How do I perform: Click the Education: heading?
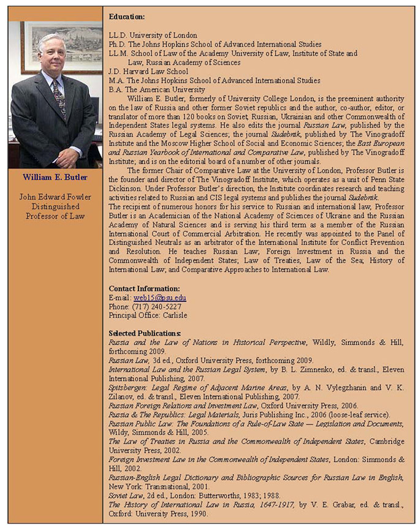click(x=127, y=17)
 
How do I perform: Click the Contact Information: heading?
click(x=144, y=289)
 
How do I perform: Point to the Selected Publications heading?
click(x=145, y=333)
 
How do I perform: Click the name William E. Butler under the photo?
click(x=55, y=178)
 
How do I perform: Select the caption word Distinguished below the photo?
click(x=55, y=206)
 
